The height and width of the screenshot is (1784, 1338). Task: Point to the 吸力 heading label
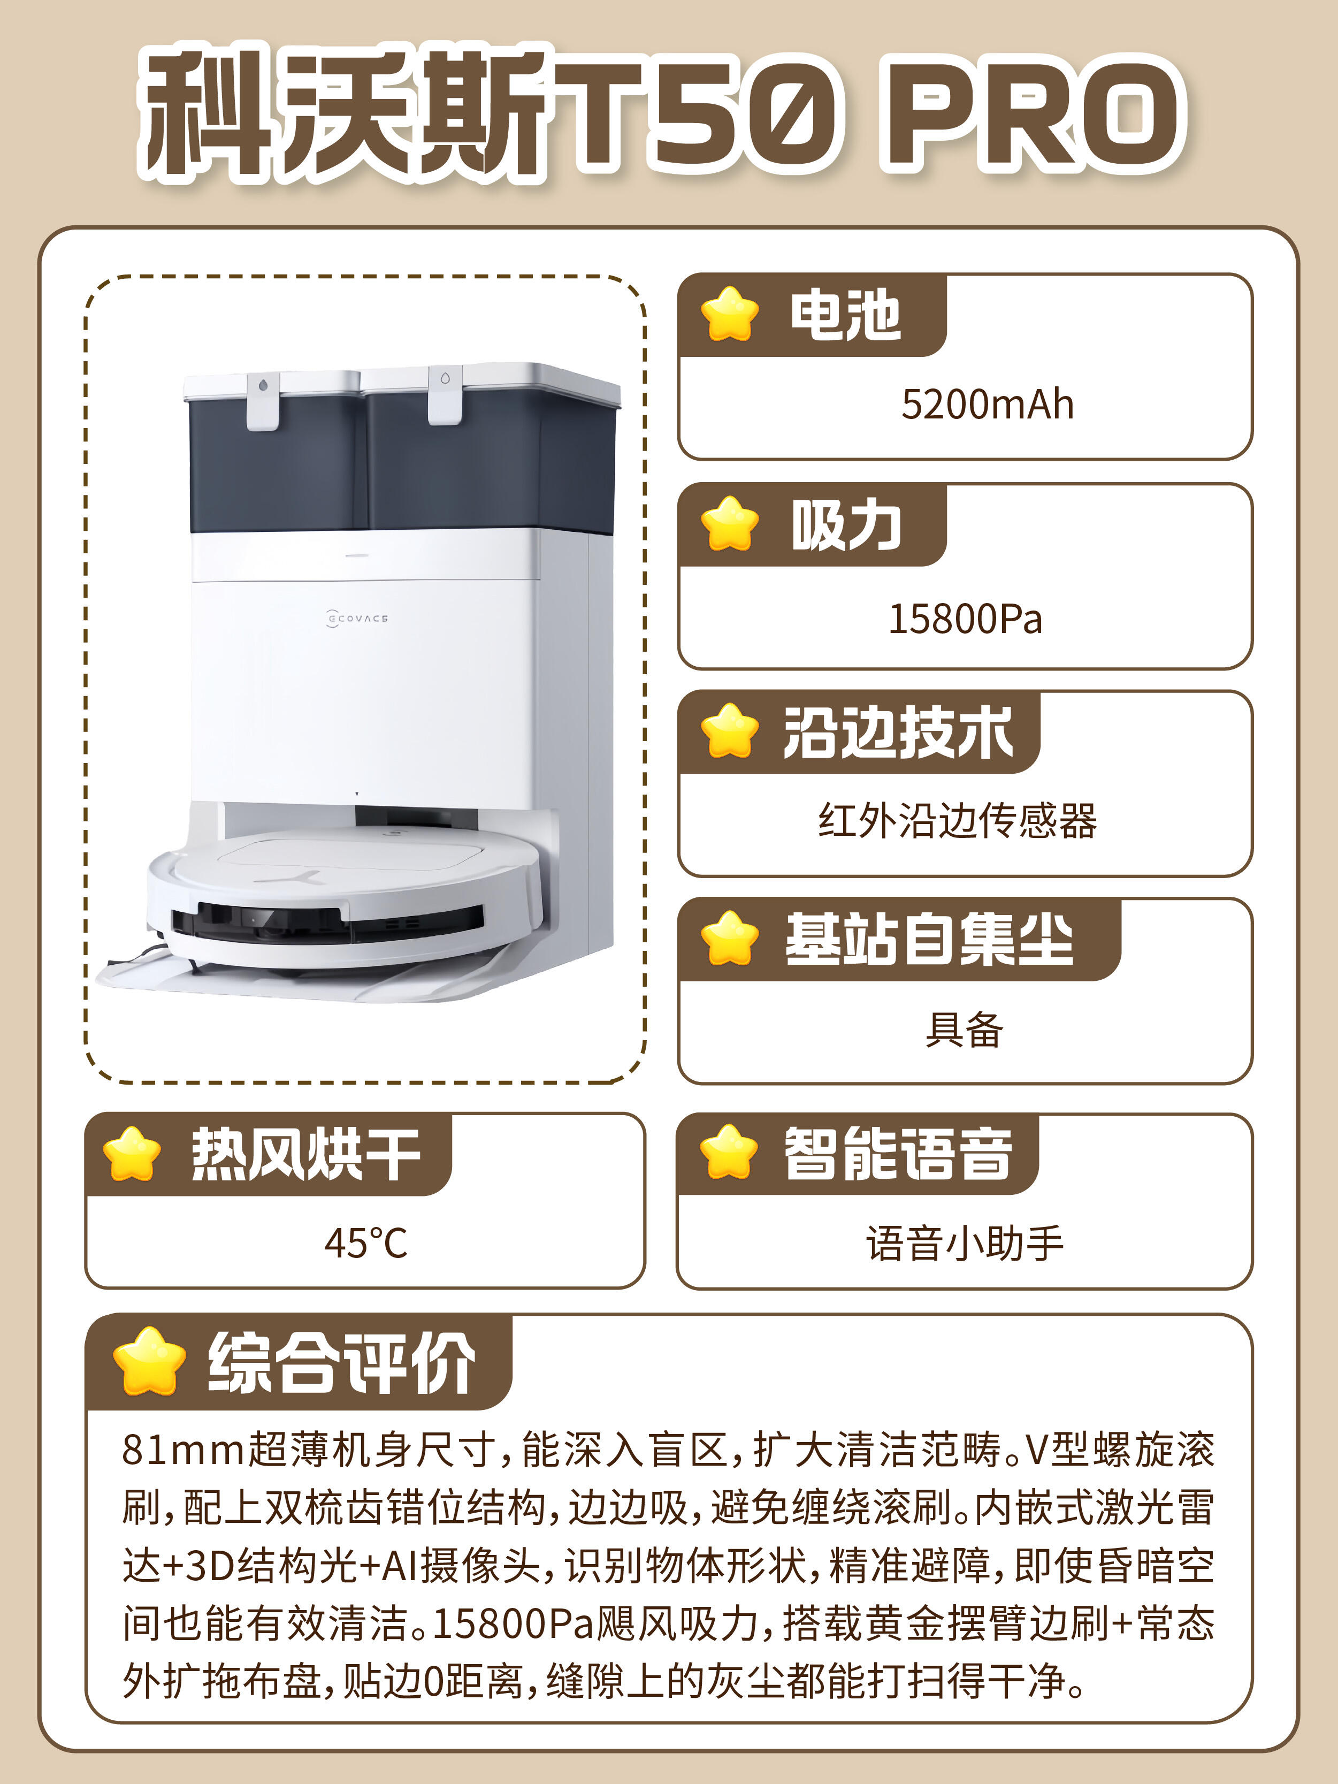846,525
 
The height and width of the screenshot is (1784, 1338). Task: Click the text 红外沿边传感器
957,821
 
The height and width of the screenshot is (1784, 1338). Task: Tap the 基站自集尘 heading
929,940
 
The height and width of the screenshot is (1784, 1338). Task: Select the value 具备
964,1030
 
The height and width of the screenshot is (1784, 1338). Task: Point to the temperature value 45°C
366,1243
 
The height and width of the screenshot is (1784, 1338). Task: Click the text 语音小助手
965,1243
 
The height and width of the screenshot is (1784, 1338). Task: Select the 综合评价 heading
341,1363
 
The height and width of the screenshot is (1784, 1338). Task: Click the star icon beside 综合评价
149,1361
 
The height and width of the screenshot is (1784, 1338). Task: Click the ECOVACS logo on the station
357,619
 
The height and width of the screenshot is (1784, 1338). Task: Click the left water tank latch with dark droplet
263,401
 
